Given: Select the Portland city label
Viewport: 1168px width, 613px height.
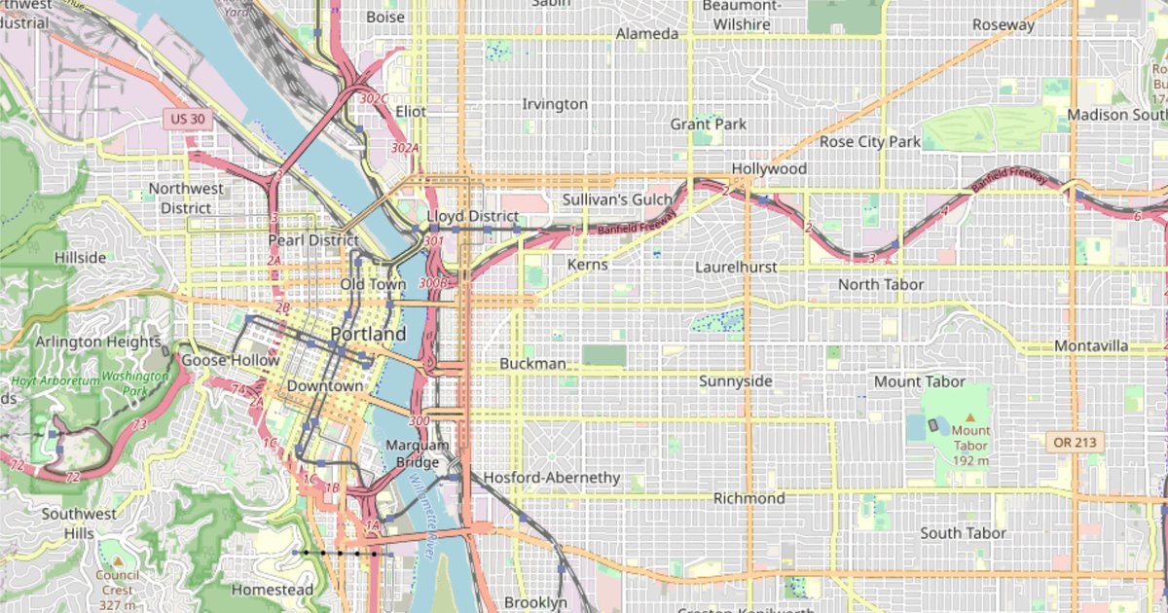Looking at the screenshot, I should pos(368,335).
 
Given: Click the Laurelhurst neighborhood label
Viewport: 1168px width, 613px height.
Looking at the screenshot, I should pos(740,266).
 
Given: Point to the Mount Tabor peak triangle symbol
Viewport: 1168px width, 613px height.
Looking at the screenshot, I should pos(969,416).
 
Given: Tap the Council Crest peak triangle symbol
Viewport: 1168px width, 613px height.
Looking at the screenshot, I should pos(117,561).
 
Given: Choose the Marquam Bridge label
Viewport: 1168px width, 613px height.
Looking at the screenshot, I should pos(419,453).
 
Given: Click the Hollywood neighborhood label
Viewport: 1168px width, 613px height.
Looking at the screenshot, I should pos(769,168).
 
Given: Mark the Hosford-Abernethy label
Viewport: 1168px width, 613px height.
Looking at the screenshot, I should pos(551,478).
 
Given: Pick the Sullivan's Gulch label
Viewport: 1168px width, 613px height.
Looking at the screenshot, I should pos(617,199).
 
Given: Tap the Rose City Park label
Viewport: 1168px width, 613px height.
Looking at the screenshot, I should pos(869,141).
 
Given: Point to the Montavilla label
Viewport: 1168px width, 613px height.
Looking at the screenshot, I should pos(1091,346).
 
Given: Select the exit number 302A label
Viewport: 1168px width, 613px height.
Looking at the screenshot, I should pos(405,148).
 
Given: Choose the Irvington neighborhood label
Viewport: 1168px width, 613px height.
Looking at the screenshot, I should pos(555,104).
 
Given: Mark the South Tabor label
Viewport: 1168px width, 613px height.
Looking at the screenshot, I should pos(964,533).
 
